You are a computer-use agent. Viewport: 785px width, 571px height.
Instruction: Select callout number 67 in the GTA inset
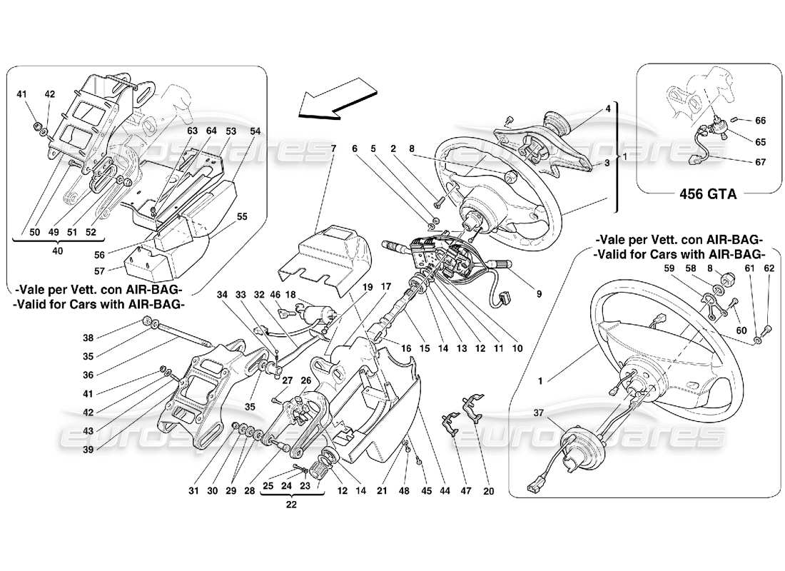point(760,162)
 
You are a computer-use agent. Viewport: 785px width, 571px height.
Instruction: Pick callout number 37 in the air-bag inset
point(540,413)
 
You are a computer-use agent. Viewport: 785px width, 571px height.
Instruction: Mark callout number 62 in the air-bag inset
point(767,268)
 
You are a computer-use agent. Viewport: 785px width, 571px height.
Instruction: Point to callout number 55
point(242,215)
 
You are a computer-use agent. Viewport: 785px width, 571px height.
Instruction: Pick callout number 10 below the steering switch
point(517,348)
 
